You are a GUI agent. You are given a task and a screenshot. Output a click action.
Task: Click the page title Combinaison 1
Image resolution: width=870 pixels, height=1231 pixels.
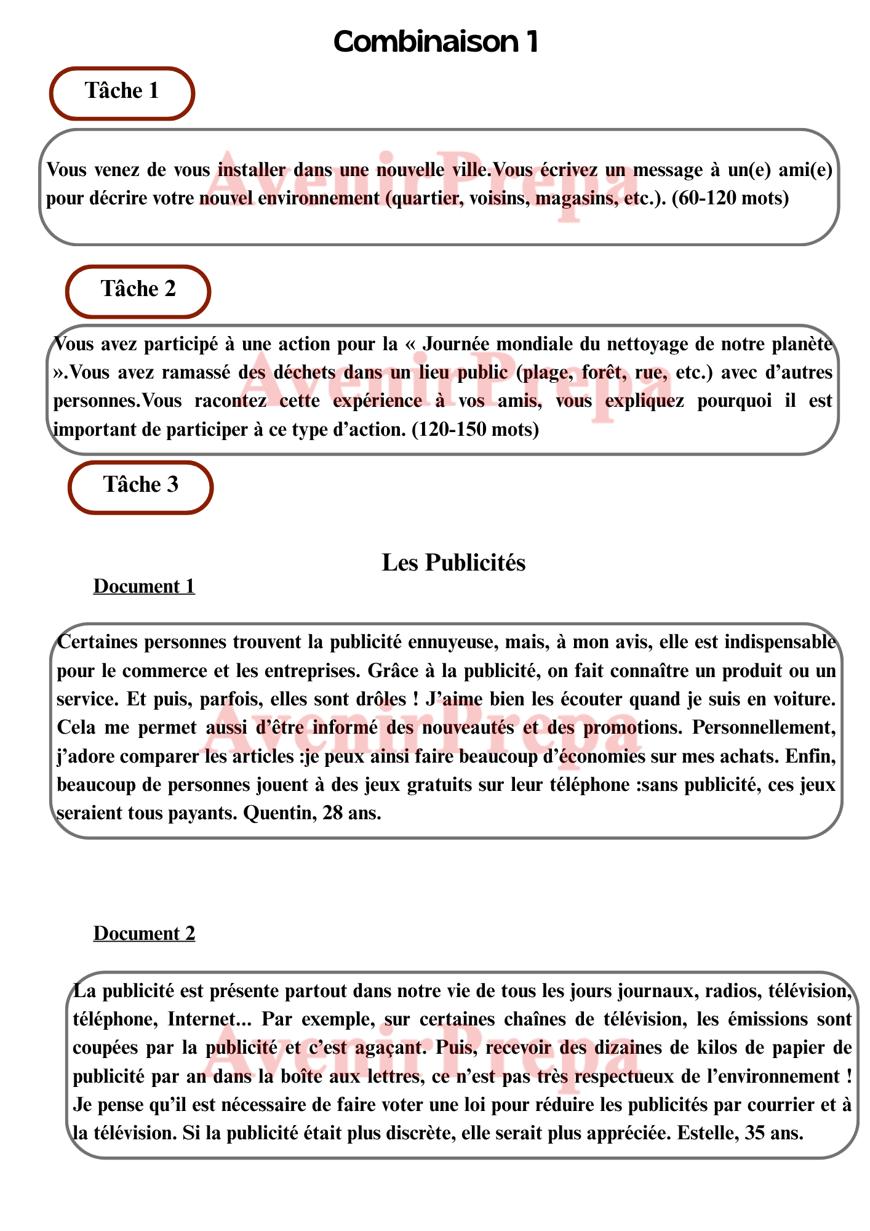[x=436, y=42]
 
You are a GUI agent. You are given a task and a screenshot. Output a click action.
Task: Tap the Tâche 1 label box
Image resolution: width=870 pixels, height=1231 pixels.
[x=122, y=92]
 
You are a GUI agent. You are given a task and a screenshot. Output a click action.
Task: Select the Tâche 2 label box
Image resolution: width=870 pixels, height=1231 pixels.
[x=138, y=291]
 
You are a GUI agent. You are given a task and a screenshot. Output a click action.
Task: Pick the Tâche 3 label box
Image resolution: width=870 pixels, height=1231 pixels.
[x=140, y=486]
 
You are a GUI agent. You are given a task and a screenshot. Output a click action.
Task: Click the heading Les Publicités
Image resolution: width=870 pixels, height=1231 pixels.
[x=453, y=563]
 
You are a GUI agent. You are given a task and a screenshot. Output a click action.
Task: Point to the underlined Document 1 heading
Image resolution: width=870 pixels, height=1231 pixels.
[x=144, y=587]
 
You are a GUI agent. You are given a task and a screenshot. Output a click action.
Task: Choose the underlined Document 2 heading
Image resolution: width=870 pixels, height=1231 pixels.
[x=144, y=934]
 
